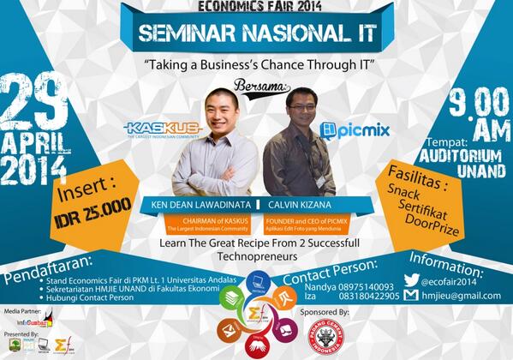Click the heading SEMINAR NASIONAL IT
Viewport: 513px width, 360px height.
click(257, 37)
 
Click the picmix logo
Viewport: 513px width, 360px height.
click(356, 131)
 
